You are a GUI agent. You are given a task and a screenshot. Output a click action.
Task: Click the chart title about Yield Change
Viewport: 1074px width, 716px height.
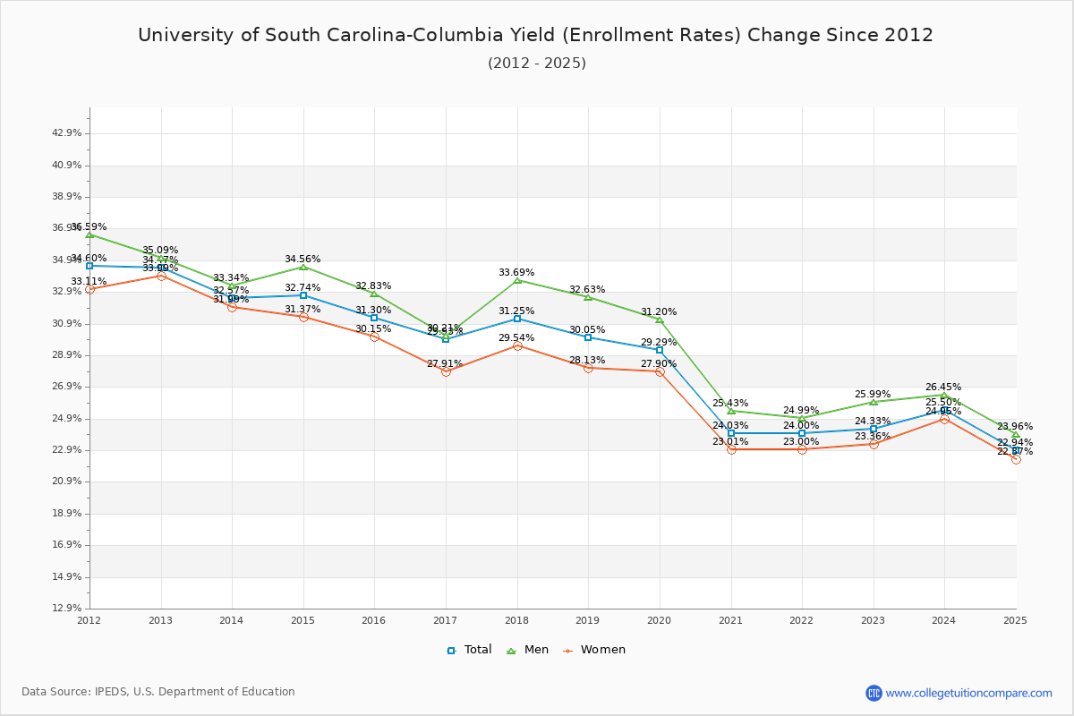point(535,36)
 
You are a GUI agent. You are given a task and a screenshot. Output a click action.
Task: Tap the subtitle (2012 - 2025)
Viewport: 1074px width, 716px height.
point(537,64)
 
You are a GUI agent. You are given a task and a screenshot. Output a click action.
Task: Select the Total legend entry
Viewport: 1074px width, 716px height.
point(469,650)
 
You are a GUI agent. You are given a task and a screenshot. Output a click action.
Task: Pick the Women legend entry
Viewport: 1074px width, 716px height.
point(593,650)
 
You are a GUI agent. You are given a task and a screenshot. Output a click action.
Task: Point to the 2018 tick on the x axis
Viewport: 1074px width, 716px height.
point(516,619)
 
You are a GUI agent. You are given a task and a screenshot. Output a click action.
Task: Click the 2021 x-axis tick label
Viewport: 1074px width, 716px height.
point(730,619)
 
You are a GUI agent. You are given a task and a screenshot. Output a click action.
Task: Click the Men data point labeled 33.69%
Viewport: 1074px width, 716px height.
point(517,280)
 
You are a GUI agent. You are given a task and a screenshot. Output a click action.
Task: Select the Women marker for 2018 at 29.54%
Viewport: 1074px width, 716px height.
point(517,345)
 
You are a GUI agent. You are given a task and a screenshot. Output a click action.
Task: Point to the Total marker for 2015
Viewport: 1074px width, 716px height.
point(303,295)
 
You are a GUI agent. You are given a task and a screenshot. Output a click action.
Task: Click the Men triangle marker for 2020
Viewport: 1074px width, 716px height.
point(660,320)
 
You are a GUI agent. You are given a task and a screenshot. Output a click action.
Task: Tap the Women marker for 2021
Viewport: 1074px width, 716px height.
point(731,449)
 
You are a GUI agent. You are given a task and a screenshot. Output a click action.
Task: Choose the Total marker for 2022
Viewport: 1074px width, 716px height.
point(802,433)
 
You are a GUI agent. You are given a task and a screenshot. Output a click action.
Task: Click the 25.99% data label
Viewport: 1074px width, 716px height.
point(873,395)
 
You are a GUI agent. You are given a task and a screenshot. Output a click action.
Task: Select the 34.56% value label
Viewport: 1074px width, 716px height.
point(303,260)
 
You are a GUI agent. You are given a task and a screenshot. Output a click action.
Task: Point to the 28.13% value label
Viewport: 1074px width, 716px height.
point(587,361)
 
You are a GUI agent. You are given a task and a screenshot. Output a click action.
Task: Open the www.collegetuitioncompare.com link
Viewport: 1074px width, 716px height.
point(968,693)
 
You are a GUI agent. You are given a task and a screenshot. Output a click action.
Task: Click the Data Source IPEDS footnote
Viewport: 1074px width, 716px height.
point(158,692)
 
